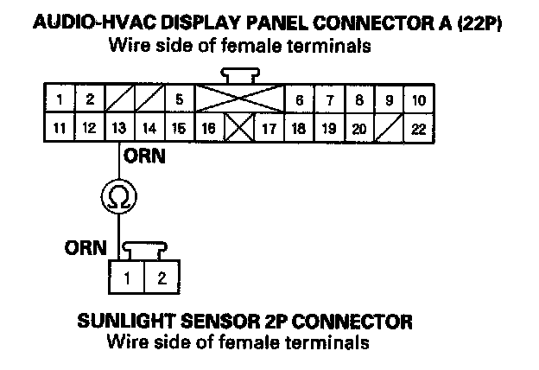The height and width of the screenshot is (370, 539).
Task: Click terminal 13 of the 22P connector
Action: [x=118, y=129]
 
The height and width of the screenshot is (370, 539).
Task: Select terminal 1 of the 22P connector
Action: [x=59, y=99]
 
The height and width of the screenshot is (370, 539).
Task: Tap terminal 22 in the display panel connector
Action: [x=420, y=129]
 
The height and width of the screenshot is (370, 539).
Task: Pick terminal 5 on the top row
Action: [x=179, y=99]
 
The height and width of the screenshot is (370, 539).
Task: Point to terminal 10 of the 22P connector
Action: [x=419, y=99]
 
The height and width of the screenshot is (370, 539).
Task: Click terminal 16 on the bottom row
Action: [x=208, y=129]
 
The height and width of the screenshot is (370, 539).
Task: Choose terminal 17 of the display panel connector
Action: [x=268, y=129]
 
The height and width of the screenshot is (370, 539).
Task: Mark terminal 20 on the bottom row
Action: [x=358, y=129]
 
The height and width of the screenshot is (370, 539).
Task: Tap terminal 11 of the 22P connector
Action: [x=59, y=129]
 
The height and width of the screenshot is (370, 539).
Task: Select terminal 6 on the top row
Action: [x=299, y=99]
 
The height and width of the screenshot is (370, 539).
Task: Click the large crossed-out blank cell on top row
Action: [x=239, y=99]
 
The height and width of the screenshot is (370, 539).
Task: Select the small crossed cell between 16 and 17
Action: [x=238, y=129]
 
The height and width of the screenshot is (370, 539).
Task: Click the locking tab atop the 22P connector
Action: [x=238, y=75]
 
